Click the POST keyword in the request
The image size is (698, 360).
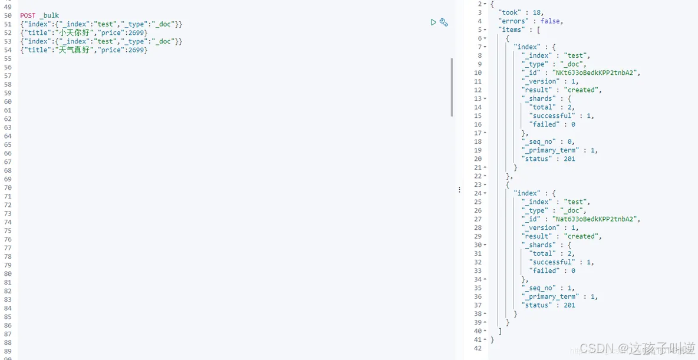click(x=28, y=15)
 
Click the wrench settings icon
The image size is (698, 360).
click(x=444, y=22)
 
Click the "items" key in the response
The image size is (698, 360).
click(x=511, y=29)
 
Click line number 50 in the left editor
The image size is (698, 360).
click(x=8, y=15)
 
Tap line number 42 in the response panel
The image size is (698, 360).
click(x=478, y=348)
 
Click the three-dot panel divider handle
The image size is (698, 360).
click(x=459, y=190)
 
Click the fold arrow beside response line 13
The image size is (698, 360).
click(x=485, y=99)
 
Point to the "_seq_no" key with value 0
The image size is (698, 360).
click(x=540, y=141)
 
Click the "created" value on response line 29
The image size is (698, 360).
click(x=581, y=236)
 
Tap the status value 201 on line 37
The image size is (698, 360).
click(x=569, y=305)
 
